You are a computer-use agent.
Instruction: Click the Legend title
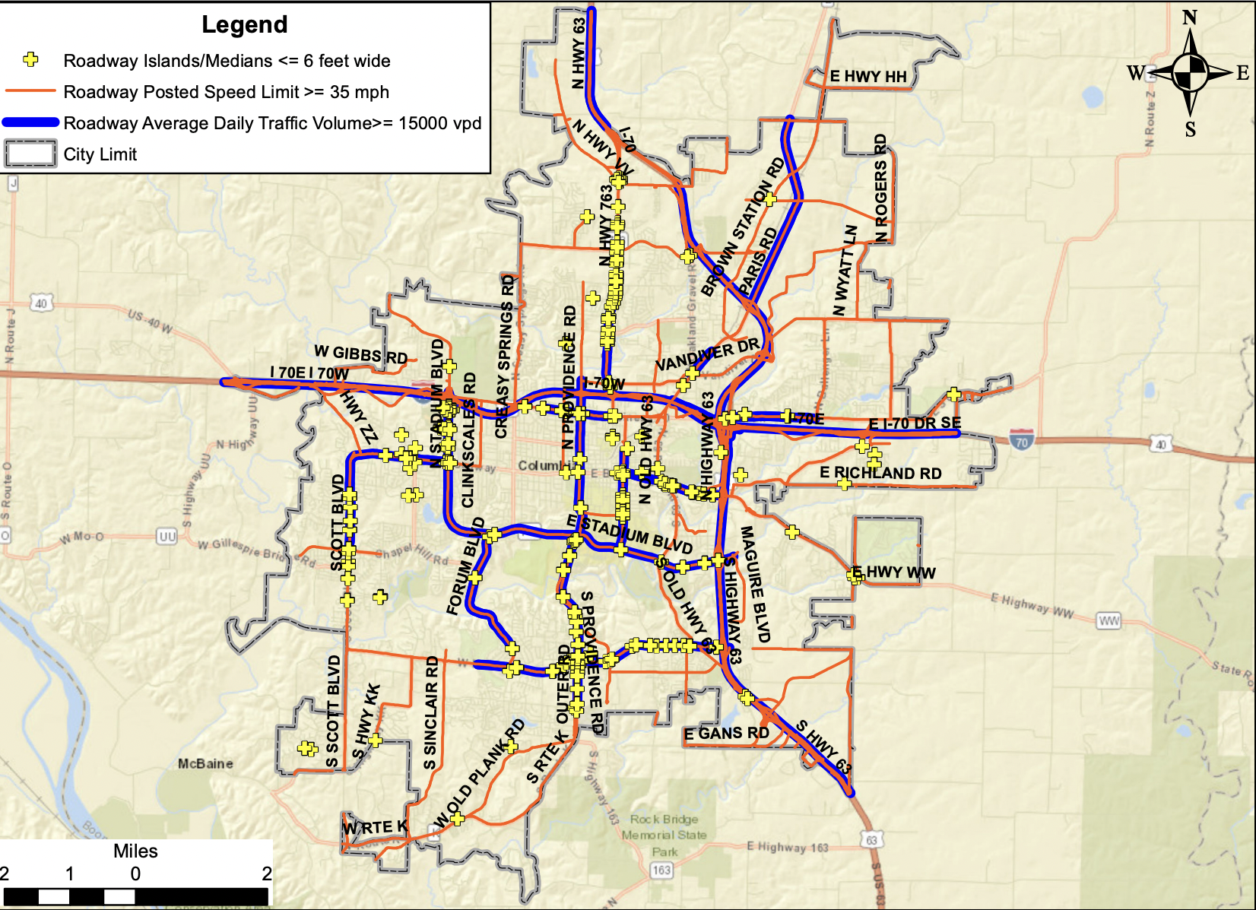245,25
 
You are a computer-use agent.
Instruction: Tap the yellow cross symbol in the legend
30,59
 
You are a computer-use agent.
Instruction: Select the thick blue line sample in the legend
31,122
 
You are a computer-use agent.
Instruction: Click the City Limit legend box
30,154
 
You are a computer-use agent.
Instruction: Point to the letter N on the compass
1190,17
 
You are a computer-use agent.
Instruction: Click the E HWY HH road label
868,77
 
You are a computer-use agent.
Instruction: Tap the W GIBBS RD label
361,354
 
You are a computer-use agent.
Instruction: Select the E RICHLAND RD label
880,473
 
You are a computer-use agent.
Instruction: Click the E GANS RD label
726,734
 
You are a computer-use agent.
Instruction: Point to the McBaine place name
205,763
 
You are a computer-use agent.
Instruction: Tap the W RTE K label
375,827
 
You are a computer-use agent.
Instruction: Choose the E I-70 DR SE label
915,423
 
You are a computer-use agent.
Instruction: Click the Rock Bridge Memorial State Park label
664,835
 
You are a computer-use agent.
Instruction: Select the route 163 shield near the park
661,870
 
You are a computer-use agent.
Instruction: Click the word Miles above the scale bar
135,851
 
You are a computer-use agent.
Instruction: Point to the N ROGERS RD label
880,189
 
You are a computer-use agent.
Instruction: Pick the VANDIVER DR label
707,354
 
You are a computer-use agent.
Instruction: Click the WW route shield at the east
1109,621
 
